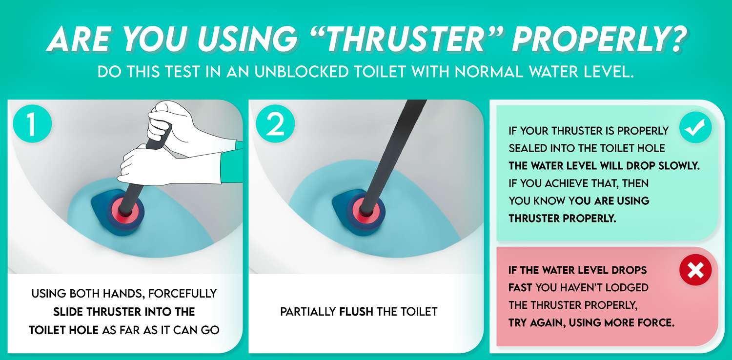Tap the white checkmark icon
[x=695, y=128]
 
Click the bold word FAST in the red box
[x=520, y=288]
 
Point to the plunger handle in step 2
[x=390, y=146]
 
